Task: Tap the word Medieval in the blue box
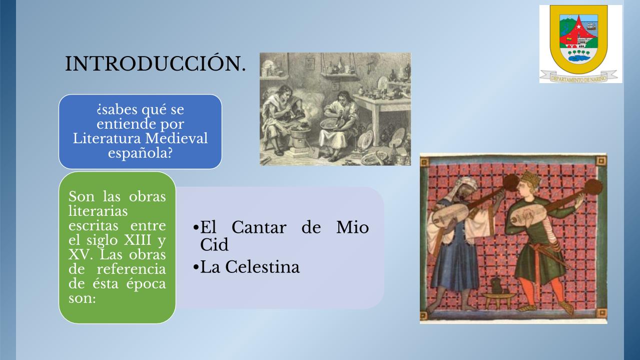[x=176, y=138]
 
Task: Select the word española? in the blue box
[x=140, y=153]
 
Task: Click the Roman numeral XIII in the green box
[x=138, y=240]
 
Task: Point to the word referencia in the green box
[x=131, y=269]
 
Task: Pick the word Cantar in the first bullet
[x=259, y=228]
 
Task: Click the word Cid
[x=214, y=244]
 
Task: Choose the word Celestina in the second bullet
[x=263, y=267]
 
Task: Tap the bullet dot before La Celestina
[x=196, y=268]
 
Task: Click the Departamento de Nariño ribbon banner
[x=580, y=77]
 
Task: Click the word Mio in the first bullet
[x=353, y=228]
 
